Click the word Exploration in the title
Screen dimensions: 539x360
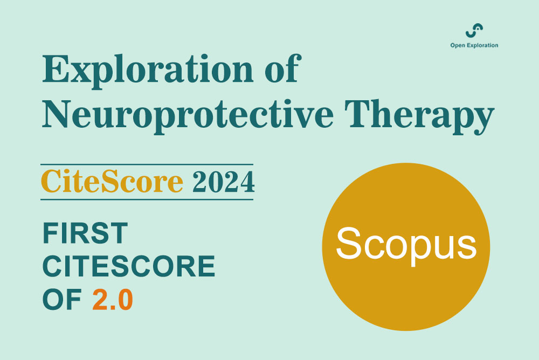(148, 71)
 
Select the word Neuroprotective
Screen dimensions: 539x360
(188, 115)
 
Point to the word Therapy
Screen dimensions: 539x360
(419, 116)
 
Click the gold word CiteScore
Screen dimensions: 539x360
(112, 181)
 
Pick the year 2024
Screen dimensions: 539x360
(224, 182)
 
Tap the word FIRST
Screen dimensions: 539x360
(85, 233)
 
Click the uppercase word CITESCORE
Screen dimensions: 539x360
(129, 266)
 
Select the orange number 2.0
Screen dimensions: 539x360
(113, 300)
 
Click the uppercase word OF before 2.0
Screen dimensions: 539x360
(62, 300)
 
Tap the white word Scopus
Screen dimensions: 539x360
(406, 244)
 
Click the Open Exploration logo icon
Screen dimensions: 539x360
(474, 31)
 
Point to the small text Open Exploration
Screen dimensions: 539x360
(474, 45)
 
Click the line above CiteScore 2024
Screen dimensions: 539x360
(147, 164)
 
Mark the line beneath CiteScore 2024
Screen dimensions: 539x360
(147, 199)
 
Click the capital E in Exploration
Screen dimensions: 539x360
(56, 68)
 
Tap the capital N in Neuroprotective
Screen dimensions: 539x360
(58, 114)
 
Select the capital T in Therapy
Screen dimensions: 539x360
(359, 114)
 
